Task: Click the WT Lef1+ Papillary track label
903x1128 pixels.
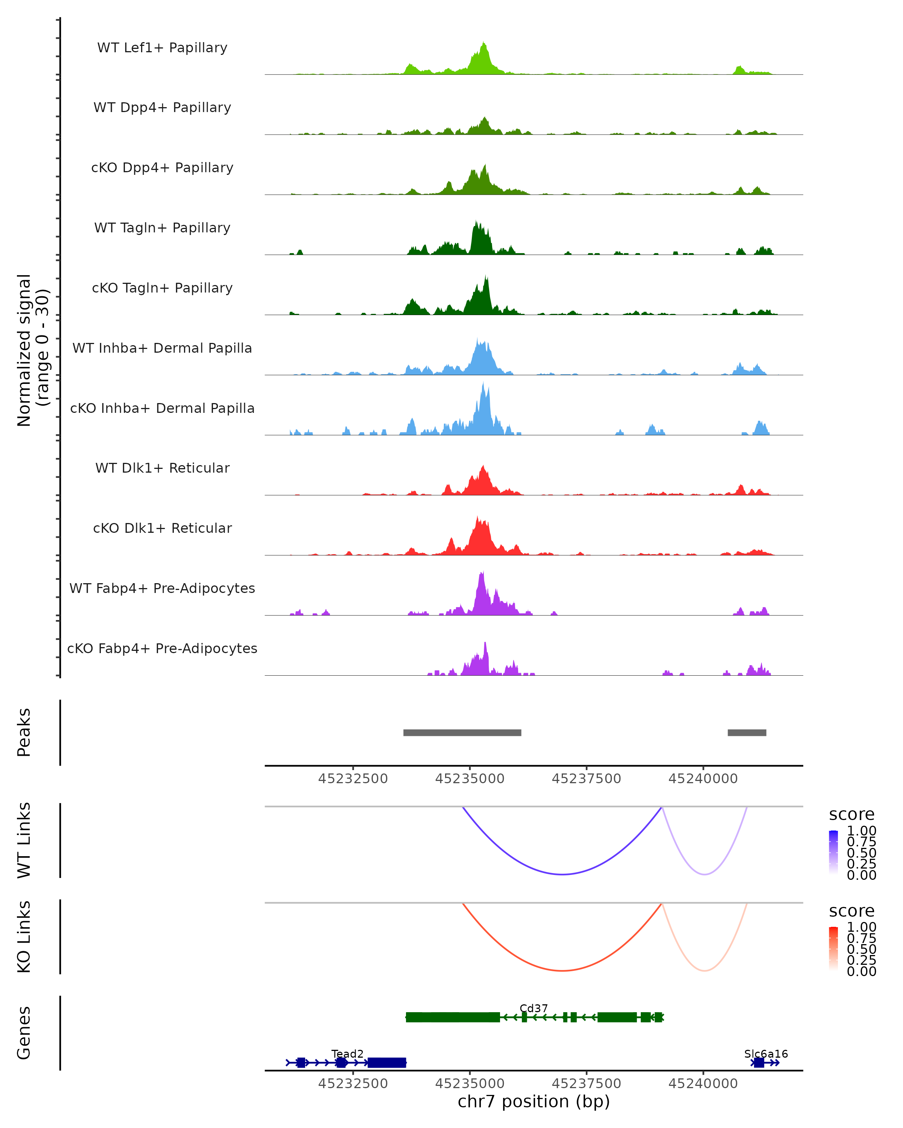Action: [x=162, y=48]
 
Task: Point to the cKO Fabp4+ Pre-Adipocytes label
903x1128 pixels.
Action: [x=162, y=648]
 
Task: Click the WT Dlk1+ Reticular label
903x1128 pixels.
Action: [x=162, y=468]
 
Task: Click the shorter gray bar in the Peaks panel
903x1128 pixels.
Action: [x=746, y=732]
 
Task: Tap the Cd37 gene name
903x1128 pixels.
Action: [x=534, y=1008]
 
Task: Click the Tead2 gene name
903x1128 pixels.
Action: [x=347, y=1054]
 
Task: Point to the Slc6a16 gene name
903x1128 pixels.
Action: [x=765, y=1054]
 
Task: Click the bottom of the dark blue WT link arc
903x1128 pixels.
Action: [x=562, y=874]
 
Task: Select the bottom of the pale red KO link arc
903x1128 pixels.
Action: [x=705, y=970]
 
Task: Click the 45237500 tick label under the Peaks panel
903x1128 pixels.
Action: [x=586, y=779]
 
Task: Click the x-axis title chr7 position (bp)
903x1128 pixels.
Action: [x=534, y=1101]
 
